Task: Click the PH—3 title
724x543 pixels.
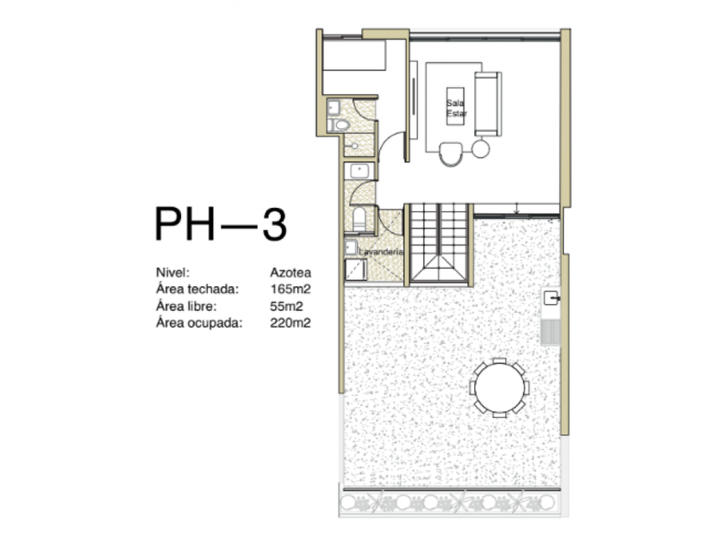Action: [221, 224]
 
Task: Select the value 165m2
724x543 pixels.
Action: [290, 289]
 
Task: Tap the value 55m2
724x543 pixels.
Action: [286, 306]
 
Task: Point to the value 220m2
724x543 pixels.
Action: [290, 322]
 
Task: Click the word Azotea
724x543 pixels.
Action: [290, 272]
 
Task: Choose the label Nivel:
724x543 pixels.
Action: [172, 272]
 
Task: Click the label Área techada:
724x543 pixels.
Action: [197, 289]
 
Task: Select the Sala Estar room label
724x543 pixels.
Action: [456, 108]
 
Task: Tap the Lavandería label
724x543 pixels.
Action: [381, 252]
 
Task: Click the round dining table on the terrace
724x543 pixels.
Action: [499, 387]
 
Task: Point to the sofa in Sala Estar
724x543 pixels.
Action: [488, 103]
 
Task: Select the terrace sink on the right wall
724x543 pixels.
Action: [552, 298]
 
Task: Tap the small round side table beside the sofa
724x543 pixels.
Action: [480, 148]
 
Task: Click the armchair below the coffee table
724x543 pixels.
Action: [450, 153]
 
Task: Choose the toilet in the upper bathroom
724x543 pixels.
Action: [339, 125]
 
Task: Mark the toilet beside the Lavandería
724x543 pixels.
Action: [359, 219]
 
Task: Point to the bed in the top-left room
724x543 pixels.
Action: [354, 55]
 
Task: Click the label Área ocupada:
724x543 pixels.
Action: [199, 322]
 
